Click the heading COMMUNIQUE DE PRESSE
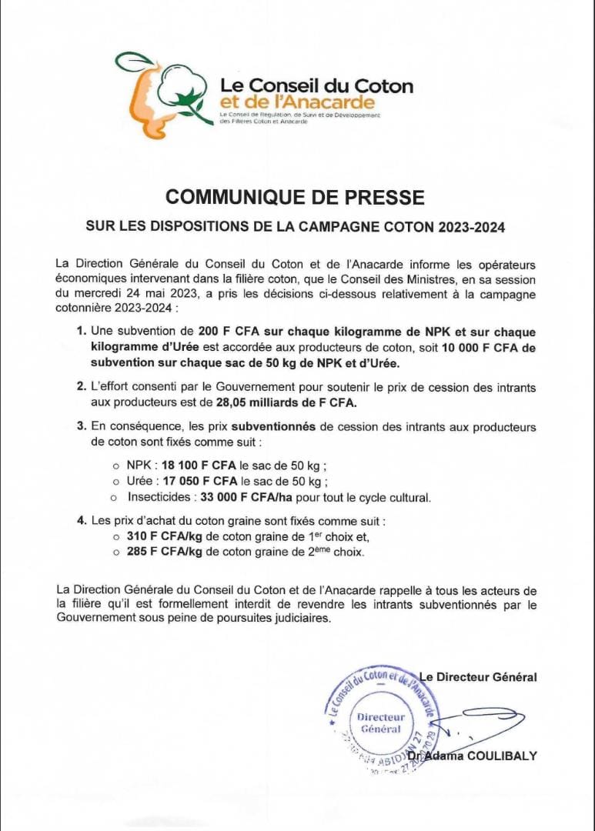point(295,198)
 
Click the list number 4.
point(81,521)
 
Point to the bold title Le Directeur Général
point(478,677)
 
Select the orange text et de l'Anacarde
point(297,102)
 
